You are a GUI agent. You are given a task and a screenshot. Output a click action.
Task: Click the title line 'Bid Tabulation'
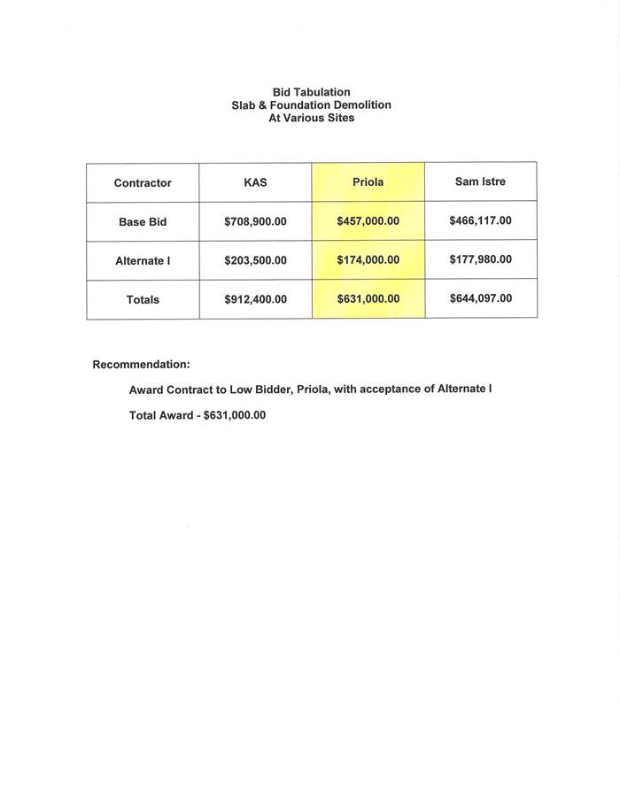311,92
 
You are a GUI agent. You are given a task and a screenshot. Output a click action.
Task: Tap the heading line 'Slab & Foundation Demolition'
311,104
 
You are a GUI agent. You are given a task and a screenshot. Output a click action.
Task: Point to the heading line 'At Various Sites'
311,118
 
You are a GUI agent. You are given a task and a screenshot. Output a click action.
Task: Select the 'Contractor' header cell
143,183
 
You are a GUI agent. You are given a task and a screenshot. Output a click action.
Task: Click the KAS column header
255,183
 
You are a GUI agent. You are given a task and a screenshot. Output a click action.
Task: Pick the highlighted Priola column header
368,182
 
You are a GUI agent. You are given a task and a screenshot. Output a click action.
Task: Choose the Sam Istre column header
480,182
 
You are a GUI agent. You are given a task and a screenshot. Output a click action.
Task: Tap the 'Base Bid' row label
143,222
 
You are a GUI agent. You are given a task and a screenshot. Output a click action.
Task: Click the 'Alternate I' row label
143,261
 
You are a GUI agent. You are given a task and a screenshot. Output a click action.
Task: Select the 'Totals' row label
143,300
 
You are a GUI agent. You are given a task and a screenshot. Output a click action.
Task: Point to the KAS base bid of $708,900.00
255,221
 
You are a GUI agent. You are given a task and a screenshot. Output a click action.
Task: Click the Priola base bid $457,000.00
368,221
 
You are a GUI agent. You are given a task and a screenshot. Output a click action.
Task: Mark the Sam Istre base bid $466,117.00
480,220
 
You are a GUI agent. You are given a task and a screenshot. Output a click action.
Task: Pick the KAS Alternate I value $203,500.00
255,260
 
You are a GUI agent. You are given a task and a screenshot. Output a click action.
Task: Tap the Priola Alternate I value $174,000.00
368,260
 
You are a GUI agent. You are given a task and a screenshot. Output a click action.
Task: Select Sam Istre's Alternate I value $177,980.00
480,259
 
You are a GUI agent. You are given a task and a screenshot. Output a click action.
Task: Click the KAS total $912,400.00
255,299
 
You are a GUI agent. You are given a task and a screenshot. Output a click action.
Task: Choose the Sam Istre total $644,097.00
480,298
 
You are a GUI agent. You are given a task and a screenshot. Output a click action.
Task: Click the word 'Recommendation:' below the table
141,365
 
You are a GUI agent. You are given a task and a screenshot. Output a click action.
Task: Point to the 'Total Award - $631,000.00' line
198,414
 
